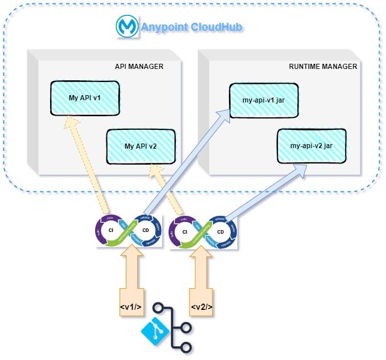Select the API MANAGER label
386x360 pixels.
pos(139,67)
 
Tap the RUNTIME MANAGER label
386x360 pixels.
pos(323,67)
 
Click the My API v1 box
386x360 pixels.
pos(85,97)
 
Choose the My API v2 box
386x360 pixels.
pos(141,146)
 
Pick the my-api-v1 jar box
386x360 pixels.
pos(263,100)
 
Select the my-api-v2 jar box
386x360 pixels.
pos(311,145)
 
